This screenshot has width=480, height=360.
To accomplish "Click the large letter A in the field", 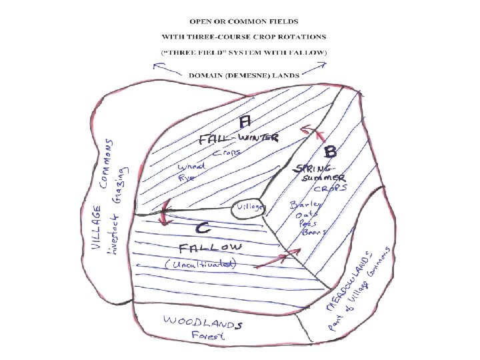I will click(x=245, y=121).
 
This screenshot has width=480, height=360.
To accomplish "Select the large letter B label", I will click(x=330, y=151).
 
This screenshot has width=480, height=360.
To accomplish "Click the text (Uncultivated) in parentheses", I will click(x=201, y=265).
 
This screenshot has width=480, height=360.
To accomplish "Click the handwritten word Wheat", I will click(x=191, y=167).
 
